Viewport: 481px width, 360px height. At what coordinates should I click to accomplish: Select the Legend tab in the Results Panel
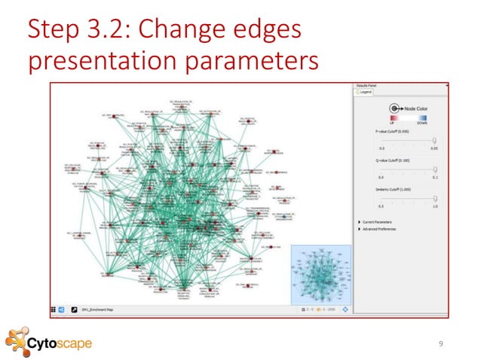click(366, 93)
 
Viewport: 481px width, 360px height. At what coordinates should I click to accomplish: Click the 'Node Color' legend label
click(415, 109)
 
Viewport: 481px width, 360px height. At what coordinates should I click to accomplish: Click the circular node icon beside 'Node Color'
click(394, 109)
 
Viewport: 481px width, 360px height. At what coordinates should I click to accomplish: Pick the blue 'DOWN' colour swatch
click(421, 118)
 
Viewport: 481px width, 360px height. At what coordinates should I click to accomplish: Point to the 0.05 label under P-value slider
click(434, 148)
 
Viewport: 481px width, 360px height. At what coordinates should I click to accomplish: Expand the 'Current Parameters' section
click(360, 222)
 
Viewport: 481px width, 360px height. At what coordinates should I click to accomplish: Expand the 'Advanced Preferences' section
click(360, 229)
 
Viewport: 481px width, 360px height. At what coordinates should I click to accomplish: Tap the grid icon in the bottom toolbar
click(53, 309)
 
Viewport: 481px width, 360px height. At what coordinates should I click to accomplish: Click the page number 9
click(442, 343)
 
